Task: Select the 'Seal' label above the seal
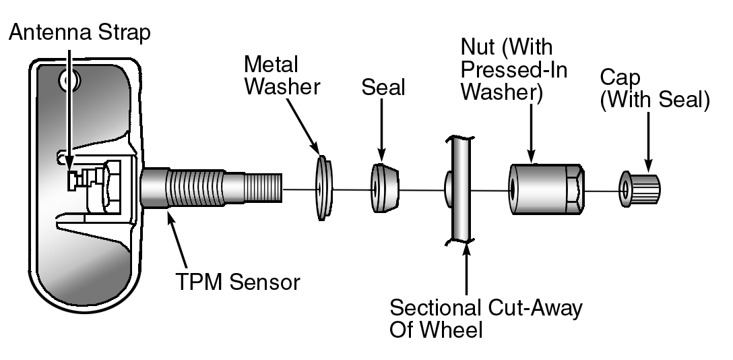coord(383,87)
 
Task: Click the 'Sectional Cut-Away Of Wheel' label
coord(486,319)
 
